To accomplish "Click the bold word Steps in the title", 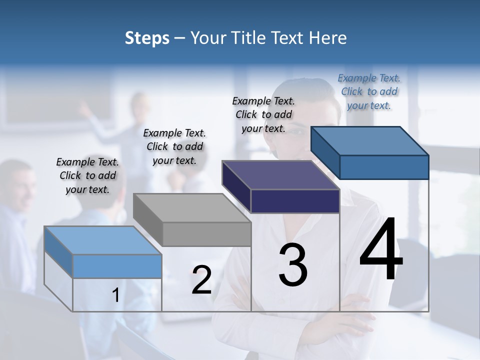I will coord(147,38).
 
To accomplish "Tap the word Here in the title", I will coord(328,38).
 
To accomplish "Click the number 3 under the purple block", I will coord(293,265).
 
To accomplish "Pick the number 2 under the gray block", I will coord(201,280).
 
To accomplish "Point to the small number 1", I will coord(115,295).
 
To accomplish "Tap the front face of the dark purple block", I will coord(295,201).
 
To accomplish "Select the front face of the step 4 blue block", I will coord(384,167).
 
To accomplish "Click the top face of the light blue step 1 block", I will coord(102,240).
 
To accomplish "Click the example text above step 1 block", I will coord(87,176).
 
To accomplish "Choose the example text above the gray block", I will coord(174,146).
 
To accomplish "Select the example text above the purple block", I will coord(263,114).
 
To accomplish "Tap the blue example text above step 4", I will coord(369,91).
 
